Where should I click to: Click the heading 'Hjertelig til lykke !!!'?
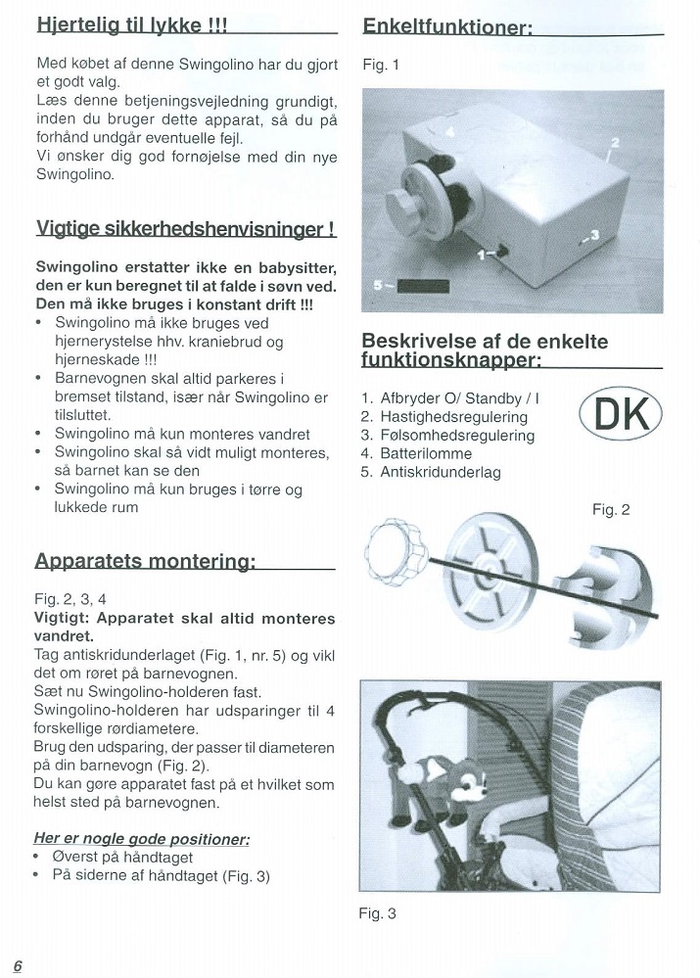pyautogui.click(x=131, y=25)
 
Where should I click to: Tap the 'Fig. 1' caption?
pyautogui.click(x=381, y=66)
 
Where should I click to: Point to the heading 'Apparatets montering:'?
pyautogui.click(x=145, y=561)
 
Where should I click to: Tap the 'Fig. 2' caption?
pyautogui.click(x=611, y=509)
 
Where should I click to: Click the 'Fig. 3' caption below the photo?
pyautogui.click(x=378, y=914)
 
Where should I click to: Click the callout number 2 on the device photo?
pyautogui.click(x=615, y=143)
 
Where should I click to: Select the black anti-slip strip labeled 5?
pyautogui.click(x=421, y=286)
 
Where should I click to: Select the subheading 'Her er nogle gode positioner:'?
pyautogui.click(x=142, y=839)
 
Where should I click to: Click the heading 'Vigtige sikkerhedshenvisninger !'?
pyautogui.click(x=186, y=230)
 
